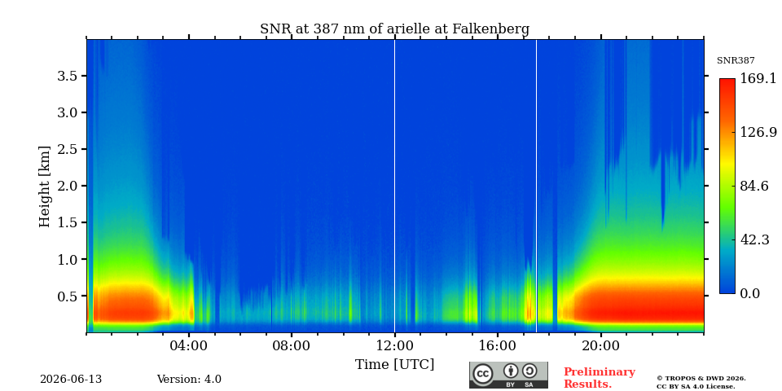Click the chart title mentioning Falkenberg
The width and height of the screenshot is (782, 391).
tap(394, 29)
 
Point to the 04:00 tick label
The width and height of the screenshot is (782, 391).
tap(189, 345)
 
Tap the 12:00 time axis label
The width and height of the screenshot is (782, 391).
tap(395, 345)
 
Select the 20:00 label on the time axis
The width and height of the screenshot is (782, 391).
tap(601, 345)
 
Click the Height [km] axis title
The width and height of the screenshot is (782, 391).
tap(45, 187)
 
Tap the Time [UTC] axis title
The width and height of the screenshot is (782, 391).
tap(394, 365)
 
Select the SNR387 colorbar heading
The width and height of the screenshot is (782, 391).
tap(736, 60)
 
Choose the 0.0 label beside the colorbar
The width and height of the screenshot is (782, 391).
tap(749, 293)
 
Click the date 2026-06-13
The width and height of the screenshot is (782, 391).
tap(71, 380)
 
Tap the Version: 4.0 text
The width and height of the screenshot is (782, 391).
tap(189, 380)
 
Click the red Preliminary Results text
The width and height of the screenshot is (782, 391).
tap(600, 378)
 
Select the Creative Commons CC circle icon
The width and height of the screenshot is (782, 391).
tap(483, 375)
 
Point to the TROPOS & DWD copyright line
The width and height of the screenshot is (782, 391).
tap(701, 379)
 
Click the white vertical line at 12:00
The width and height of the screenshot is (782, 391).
tap(394, 186)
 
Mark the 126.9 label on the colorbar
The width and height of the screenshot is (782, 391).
tap(758, 132)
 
